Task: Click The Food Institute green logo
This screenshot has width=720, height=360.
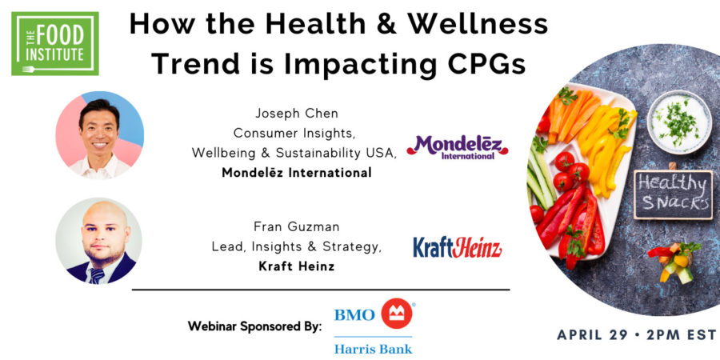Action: (x=55, y=44)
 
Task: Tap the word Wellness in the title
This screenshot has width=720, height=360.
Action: (x=478, y=24)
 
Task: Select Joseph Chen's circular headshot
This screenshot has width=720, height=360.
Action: (x=100, y=135)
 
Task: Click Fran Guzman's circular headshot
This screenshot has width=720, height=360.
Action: (x=98, y=241)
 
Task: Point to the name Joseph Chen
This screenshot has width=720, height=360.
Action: (x=297, y=113)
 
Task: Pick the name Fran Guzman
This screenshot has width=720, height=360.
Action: (x=297, y=226)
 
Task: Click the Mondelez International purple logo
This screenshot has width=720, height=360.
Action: (x=458, y=147)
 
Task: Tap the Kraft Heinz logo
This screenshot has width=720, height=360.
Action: (x=458, y=247)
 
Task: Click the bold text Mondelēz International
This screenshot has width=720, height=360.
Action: (x=297, y=173)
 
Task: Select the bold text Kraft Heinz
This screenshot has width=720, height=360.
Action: (x=297, y=266)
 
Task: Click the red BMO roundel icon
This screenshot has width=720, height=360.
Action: (x=396, y=314)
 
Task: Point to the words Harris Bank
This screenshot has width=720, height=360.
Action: (x=373, y=349)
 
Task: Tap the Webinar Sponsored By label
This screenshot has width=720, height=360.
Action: (x=255, y=326)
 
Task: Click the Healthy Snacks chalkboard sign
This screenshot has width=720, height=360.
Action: (x=673, y=194)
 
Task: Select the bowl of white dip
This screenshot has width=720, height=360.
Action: (x=679, y=122)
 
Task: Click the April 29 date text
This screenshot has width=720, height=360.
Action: (x=598, y=334)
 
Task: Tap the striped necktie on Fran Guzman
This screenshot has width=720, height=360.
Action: (x=97, y=275)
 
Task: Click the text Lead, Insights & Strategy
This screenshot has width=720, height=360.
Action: (x=297, y=246)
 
